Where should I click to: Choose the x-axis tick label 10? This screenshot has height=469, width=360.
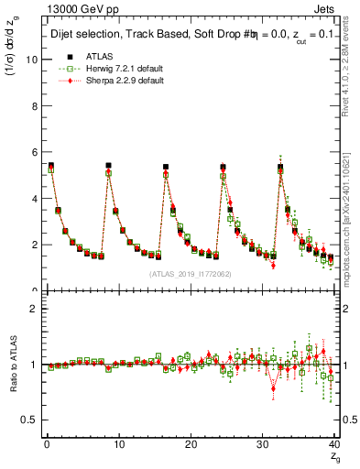[118, 444]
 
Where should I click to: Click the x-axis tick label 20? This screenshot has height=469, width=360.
[190, 444]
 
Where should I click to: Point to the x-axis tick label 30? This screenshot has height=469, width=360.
[262, 444]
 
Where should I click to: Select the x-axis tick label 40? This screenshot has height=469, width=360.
[333, 444]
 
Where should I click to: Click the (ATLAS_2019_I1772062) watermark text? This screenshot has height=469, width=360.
[189, 274]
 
